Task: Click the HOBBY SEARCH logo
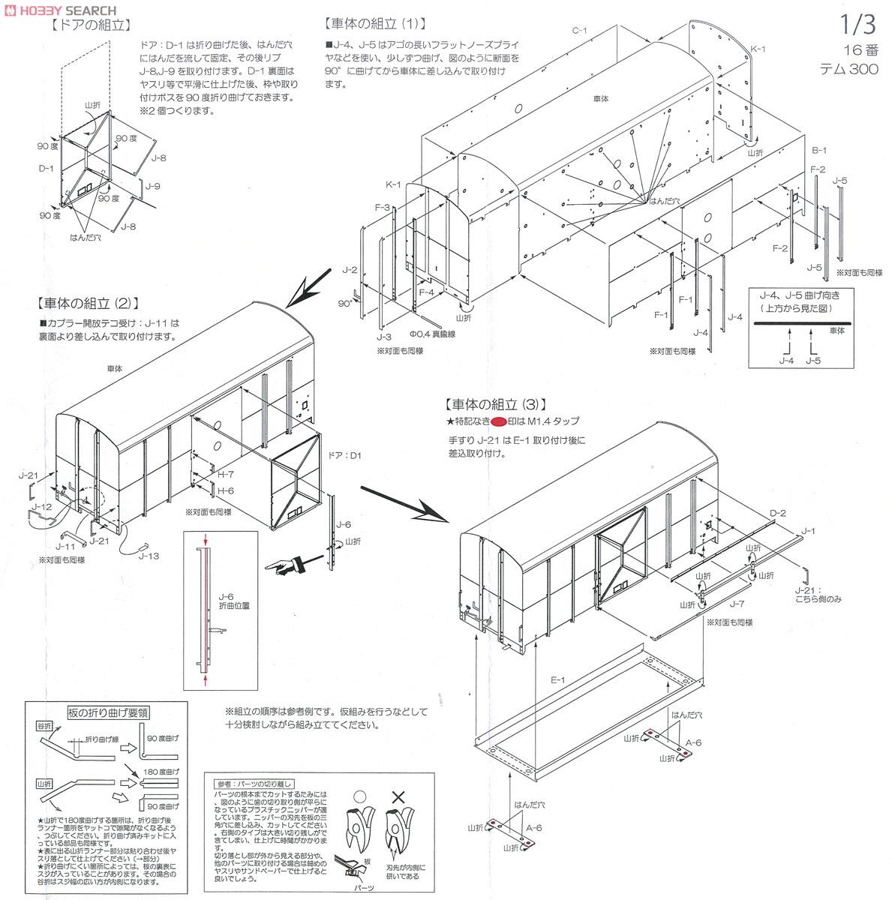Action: click(60, 10)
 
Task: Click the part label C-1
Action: click(579, 30)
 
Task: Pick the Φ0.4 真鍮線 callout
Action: click(431, 334)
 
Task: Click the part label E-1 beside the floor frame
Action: click(558, 681)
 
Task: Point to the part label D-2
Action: click(778, 513)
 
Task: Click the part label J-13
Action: click(149, 556)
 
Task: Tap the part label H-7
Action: click(226, 475)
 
